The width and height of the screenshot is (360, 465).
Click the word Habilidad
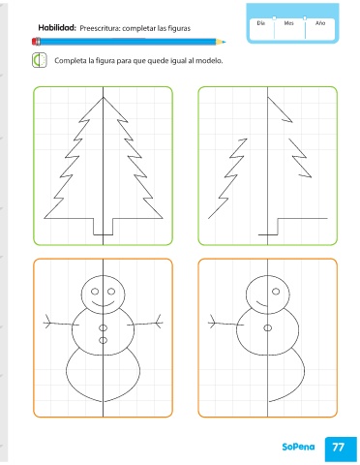point(57,28)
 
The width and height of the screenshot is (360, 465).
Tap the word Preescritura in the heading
point(100,28)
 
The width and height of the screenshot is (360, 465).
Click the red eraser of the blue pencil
point(36,42)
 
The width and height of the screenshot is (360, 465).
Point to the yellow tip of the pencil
point(221,42)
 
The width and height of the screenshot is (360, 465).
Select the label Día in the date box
point(261,23)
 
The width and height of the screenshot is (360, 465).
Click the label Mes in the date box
point(288,23)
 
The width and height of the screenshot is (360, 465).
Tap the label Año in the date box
point(320,23)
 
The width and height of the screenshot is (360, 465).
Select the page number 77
point(338,448)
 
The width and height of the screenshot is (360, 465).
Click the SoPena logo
point(298,447)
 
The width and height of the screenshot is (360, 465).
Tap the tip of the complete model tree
point(104,97)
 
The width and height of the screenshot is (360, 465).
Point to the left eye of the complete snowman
point(95,292)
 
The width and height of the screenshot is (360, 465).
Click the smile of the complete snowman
point(104,304)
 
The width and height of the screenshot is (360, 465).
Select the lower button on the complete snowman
point(104,340)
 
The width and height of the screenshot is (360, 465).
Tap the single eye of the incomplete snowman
point(276,292)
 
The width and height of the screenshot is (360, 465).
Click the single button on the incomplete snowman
point(268,328)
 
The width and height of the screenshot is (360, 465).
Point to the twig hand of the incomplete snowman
point(212,323)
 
